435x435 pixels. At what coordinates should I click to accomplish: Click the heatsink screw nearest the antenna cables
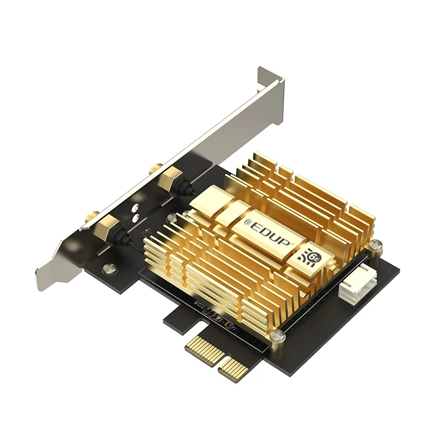172,217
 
